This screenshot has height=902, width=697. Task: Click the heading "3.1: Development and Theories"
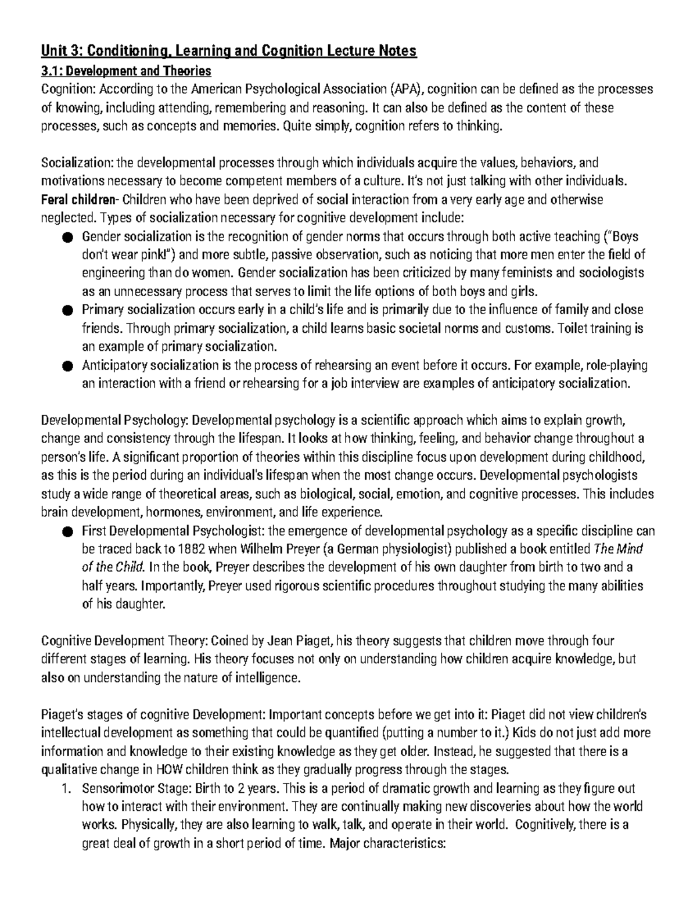point(126,71)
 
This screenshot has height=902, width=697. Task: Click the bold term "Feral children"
point(78,200)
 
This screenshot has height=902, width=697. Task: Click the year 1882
point(192,549)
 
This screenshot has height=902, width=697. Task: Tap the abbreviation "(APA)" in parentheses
point(407,89)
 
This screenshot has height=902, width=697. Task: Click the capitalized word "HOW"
point(170,770)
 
